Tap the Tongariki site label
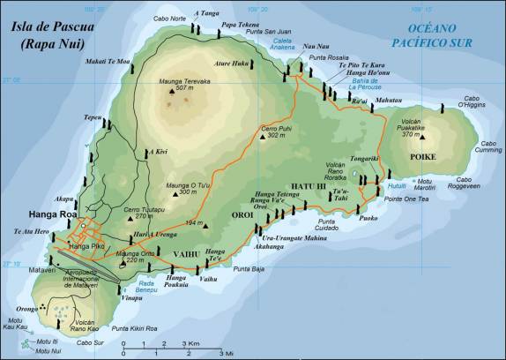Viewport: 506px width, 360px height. (364, 160)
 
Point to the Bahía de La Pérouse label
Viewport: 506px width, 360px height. (363, 85)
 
